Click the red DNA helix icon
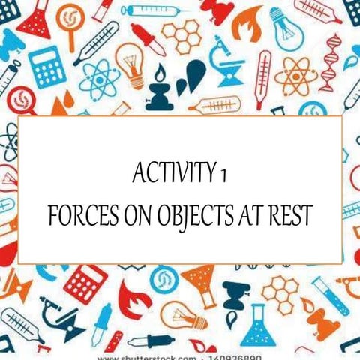(331, 64)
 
